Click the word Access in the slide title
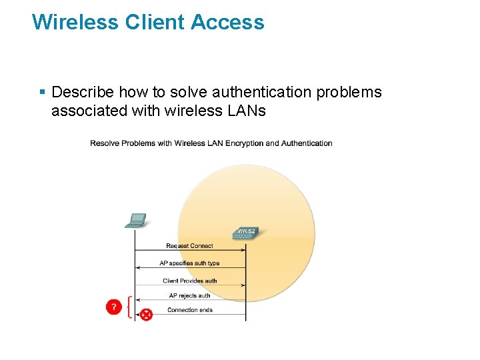227,22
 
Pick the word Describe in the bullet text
82,92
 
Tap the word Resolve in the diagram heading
104,143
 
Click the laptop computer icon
136,221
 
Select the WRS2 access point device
245,233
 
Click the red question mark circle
114,307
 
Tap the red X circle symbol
145,314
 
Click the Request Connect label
189,246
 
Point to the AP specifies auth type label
189,263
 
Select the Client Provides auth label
189,281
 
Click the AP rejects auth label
189,295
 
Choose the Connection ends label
189,310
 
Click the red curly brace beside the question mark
129,307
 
